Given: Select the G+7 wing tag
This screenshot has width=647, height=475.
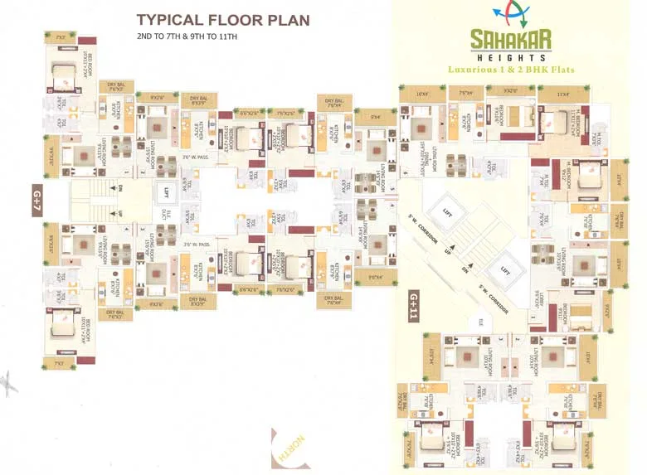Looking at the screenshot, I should click(36, 200).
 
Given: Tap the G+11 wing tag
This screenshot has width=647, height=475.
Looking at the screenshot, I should click(415, 306).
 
